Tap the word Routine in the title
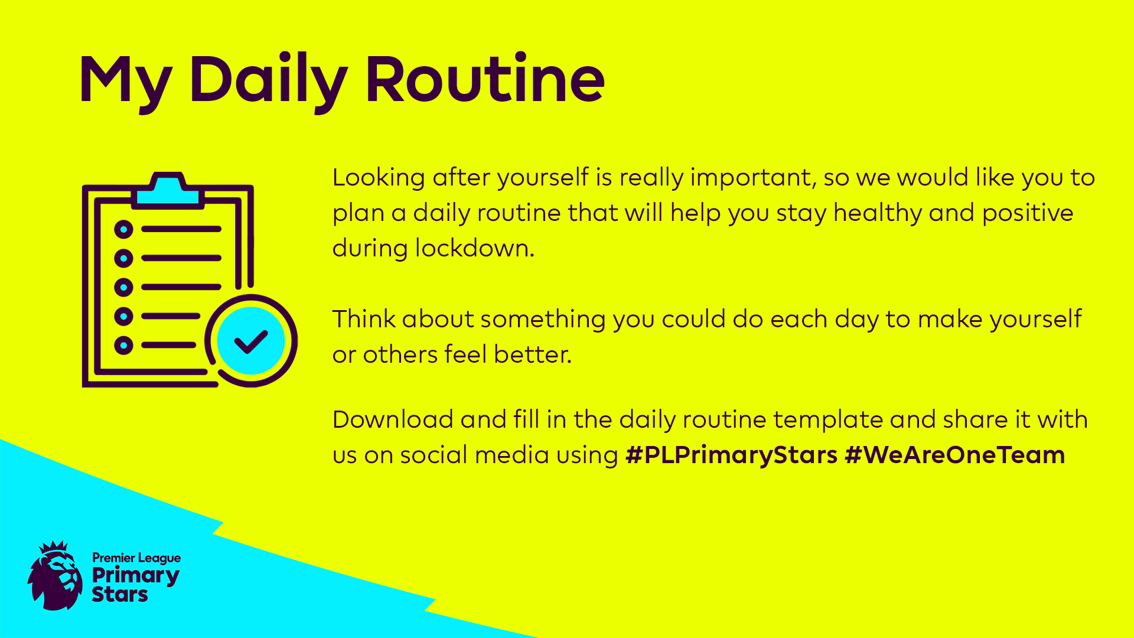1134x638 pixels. point(485,79)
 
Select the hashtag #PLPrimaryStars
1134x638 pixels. point(731,455)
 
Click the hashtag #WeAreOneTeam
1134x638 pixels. point(955,455)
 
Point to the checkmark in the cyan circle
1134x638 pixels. point(251,341)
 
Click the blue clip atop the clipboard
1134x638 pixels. point(168,190)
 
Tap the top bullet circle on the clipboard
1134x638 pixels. point(123,229)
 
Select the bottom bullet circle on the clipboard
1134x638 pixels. point(123,345)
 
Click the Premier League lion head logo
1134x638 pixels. point(56,575)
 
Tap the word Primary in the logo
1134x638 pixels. point(135,576)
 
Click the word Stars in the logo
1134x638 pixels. point(120,594)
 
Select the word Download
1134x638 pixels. point(393,419)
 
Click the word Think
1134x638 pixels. point(364,319)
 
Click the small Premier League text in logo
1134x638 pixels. point(136,558)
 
